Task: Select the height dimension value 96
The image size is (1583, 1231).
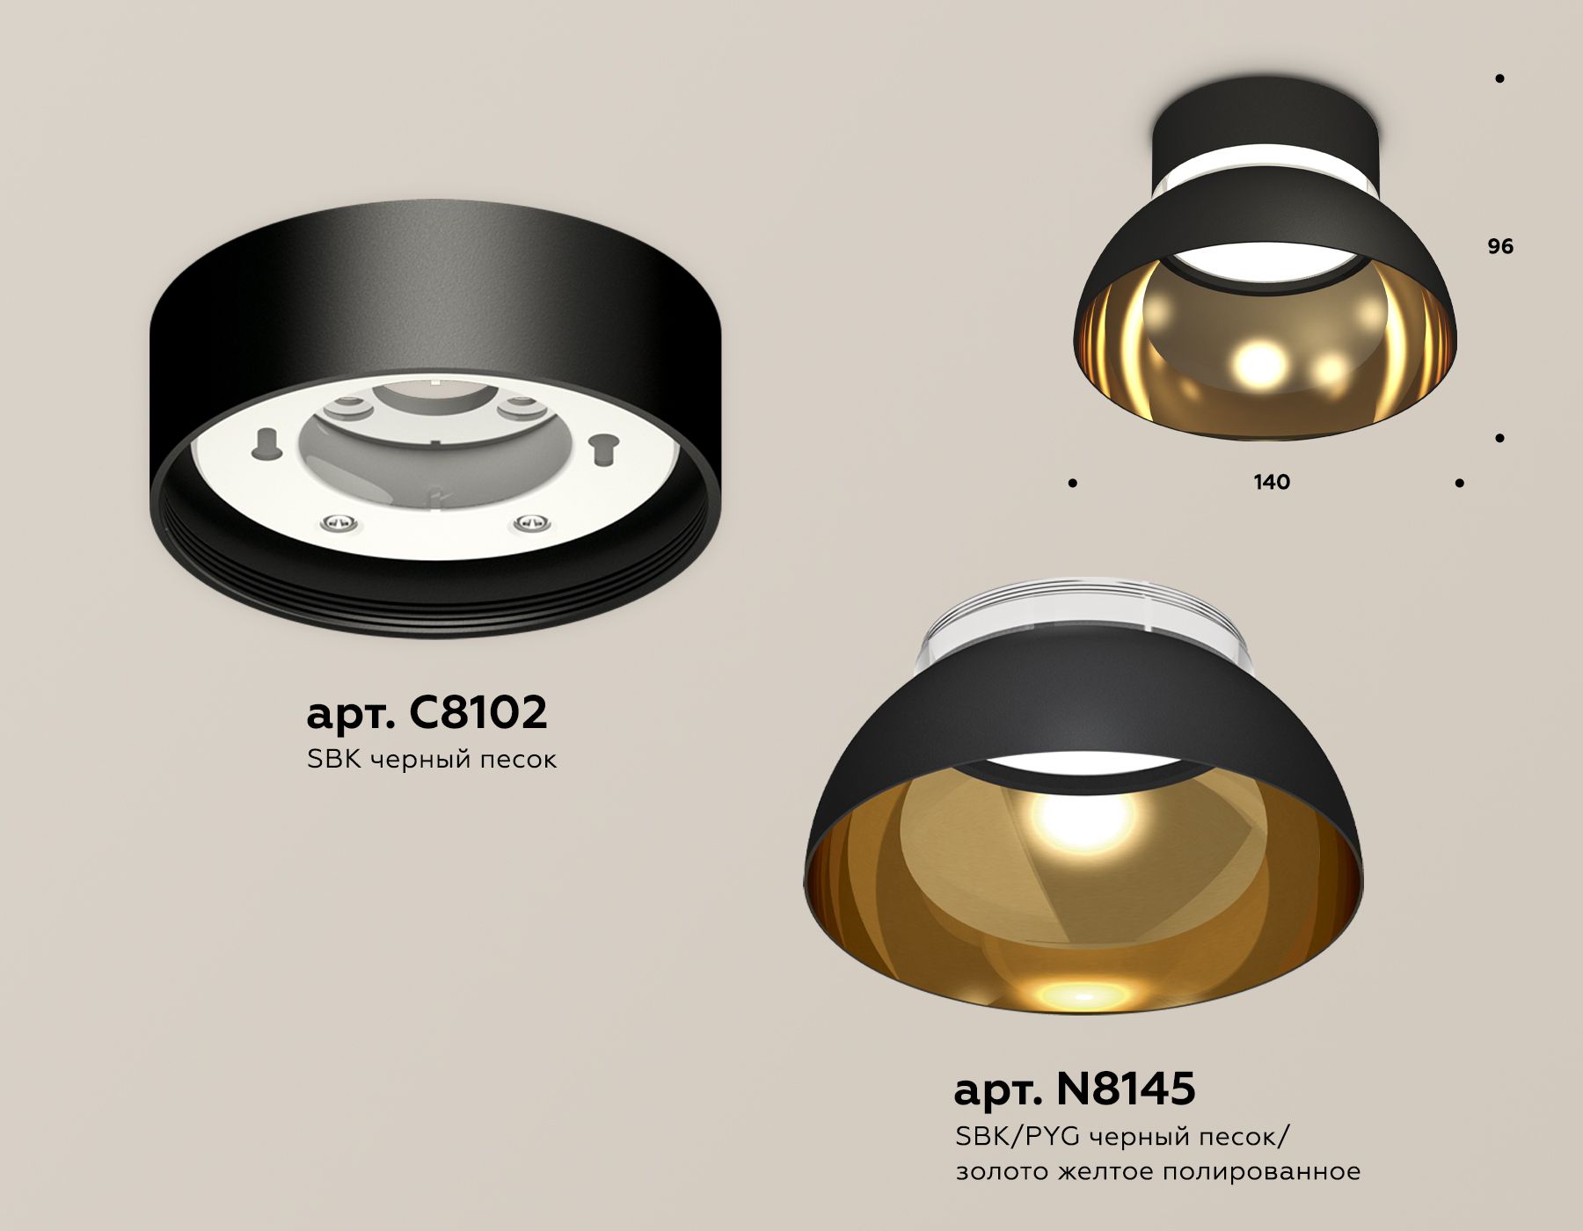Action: [x=1500, y=246]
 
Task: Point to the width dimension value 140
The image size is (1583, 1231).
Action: [x=1272, y=482]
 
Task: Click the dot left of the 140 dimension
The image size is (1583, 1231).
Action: [x=1072, y=483]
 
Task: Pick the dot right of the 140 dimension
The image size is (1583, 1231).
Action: [x=1460, y=483]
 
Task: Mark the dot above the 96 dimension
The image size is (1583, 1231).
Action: [x=1499, y=78]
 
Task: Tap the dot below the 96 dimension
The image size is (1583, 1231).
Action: [x=1499, y=437]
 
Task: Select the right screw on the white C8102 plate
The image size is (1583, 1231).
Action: [x=530, y=523]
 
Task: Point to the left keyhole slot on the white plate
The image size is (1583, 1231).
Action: [x=265, y=443]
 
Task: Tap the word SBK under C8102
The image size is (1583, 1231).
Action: [x=334, y=759]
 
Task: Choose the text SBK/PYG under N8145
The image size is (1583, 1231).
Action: [x=1017, y=1137]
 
